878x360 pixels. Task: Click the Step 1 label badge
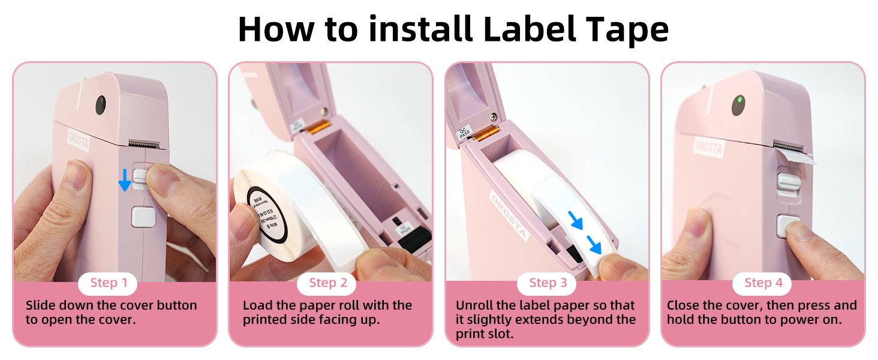point(109,283)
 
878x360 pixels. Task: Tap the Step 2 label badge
point(327,283)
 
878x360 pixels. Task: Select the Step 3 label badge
point(547,283)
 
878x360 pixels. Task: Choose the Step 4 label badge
point(763,283)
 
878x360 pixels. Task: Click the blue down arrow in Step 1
point(124,179)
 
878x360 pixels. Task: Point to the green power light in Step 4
point(740,100)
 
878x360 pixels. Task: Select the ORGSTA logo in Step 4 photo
point(708,146)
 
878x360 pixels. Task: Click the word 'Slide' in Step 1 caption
point(41,305)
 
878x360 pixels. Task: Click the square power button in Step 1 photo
point(143,217)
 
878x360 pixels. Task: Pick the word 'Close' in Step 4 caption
point(685,305)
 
